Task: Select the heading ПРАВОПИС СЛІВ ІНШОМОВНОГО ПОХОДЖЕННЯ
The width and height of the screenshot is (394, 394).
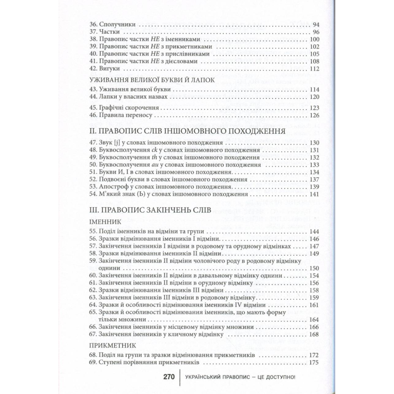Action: pos(186,132)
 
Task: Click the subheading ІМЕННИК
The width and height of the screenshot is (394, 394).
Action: pos(105,222)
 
